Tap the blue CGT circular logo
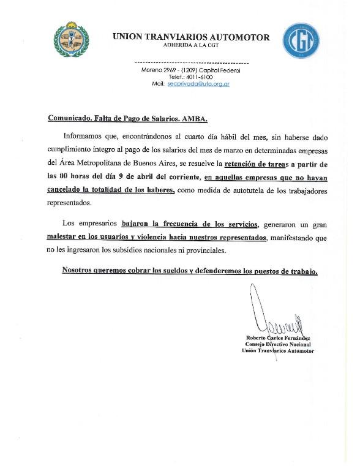pos(301,41)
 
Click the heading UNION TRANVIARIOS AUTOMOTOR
pos(191,37)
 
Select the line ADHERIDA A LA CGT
pos(191,45)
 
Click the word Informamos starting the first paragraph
pos(83,138)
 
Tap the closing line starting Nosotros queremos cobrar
pos(189,270)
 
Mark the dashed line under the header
pos(191,63)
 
